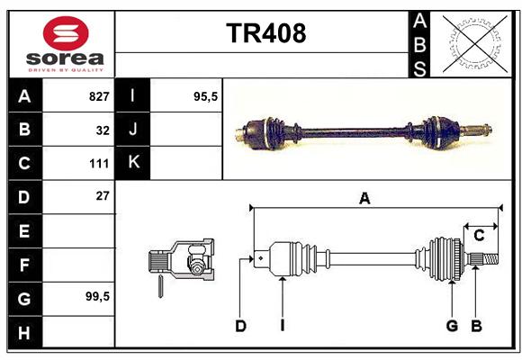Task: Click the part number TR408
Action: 266,33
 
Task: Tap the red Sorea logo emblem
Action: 66,33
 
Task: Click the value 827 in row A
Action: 99,96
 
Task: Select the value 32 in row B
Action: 103,130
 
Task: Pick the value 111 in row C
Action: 99,164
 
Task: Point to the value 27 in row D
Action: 103,196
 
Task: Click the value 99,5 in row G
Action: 97,296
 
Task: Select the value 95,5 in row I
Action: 205,96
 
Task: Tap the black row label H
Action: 24,332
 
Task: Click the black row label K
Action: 133,163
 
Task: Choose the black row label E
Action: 24,230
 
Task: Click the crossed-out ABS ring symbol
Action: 475,44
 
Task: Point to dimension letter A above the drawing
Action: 364,199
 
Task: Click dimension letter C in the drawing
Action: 479,236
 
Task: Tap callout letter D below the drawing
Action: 240,326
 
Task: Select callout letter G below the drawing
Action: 452,326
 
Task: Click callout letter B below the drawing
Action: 476,326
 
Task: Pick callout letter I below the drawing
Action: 283,326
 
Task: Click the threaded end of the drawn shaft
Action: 490,259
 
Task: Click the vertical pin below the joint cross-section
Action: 160,286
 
